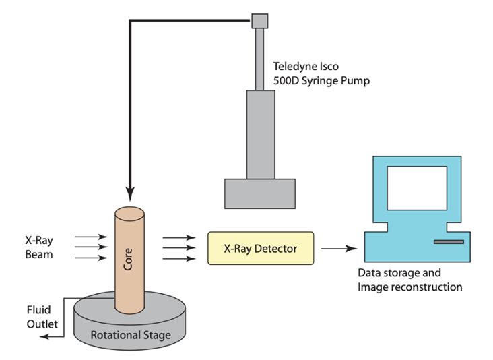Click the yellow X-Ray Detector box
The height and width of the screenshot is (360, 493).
click(x=260, y=248)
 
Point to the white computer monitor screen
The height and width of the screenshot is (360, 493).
click(x=415, y=190)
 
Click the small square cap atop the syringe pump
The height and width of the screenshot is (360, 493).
click(x=260, y=22)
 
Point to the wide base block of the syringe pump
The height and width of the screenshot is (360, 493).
click(x=260, y=193)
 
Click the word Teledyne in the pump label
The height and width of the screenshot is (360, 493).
click(x=294, y=67)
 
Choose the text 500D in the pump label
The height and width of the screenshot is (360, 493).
click(x=286, y=81)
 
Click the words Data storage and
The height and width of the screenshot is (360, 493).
click(x=400, y=273)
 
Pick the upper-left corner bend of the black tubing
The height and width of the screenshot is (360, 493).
click(x=131, y=22)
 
